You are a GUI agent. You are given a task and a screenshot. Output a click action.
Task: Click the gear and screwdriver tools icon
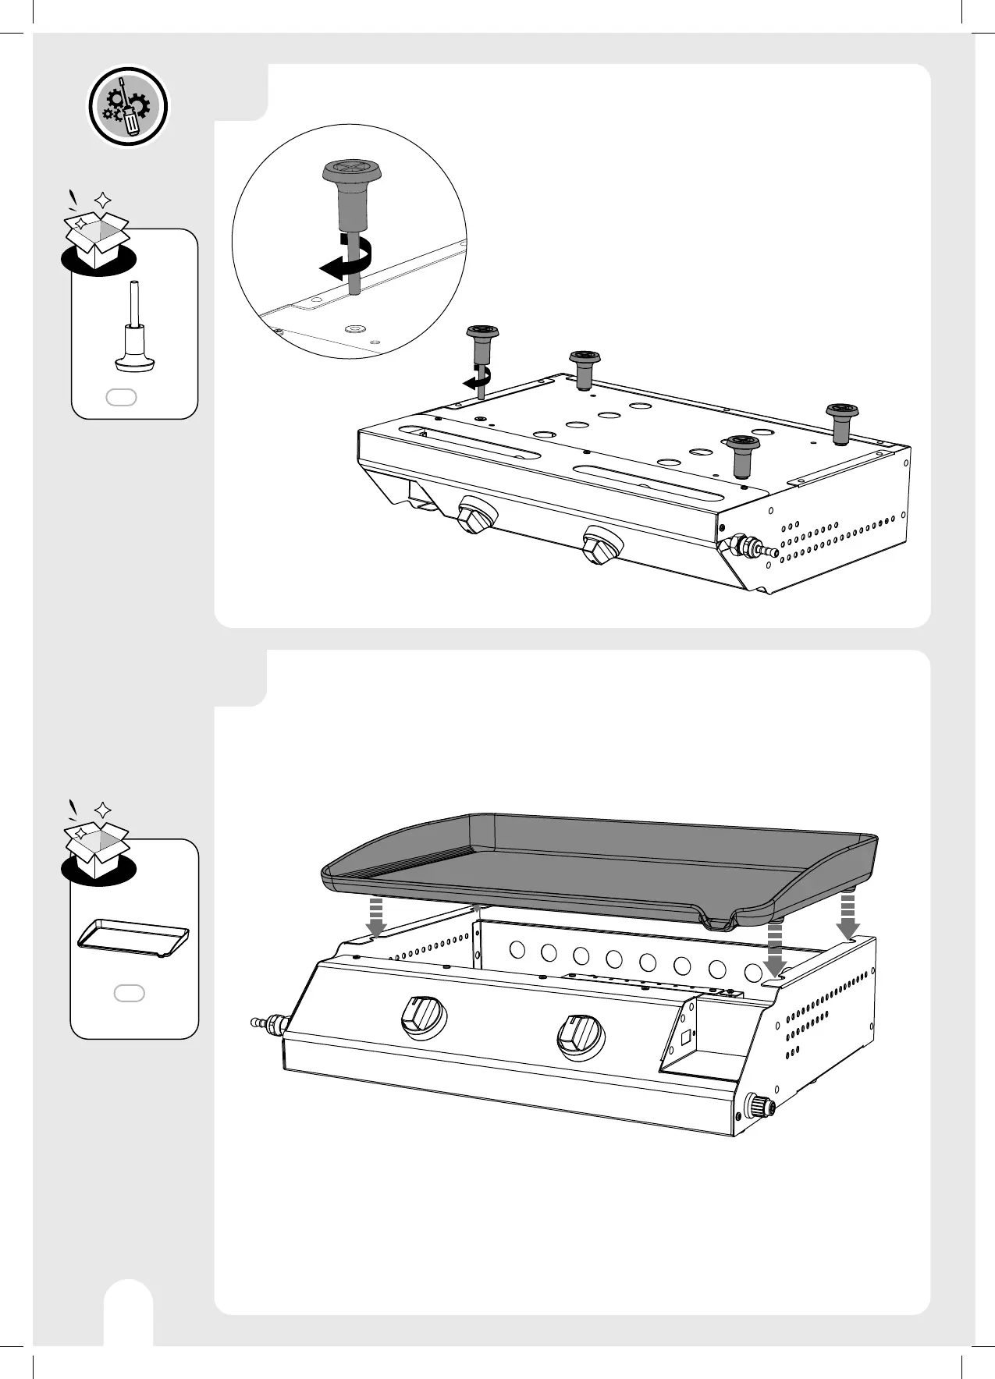point(127,107)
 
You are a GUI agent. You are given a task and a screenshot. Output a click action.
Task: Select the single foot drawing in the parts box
point(135,328)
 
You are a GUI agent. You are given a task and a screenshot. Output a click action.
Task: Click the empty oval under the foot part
point(122,397)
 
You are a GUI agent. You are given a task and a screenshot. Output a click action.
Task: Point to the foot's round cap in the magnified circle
point(350,170)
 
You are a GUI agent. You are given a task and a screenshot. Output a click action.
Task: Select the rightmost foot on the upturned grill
point(841,421)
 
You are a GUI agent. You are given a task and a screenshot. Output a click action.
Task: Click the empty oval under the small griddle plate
point(130,993)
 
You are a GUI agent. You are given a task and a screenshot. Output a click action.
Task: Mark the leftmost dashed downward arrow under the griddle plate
point(376,916)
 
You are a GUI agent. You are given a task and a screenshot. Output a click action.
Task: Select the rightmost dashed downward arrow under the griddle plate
point(848,916)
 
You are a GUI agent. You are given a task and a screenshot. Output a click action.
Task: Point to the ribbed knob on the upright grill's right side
point(756,1107)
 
